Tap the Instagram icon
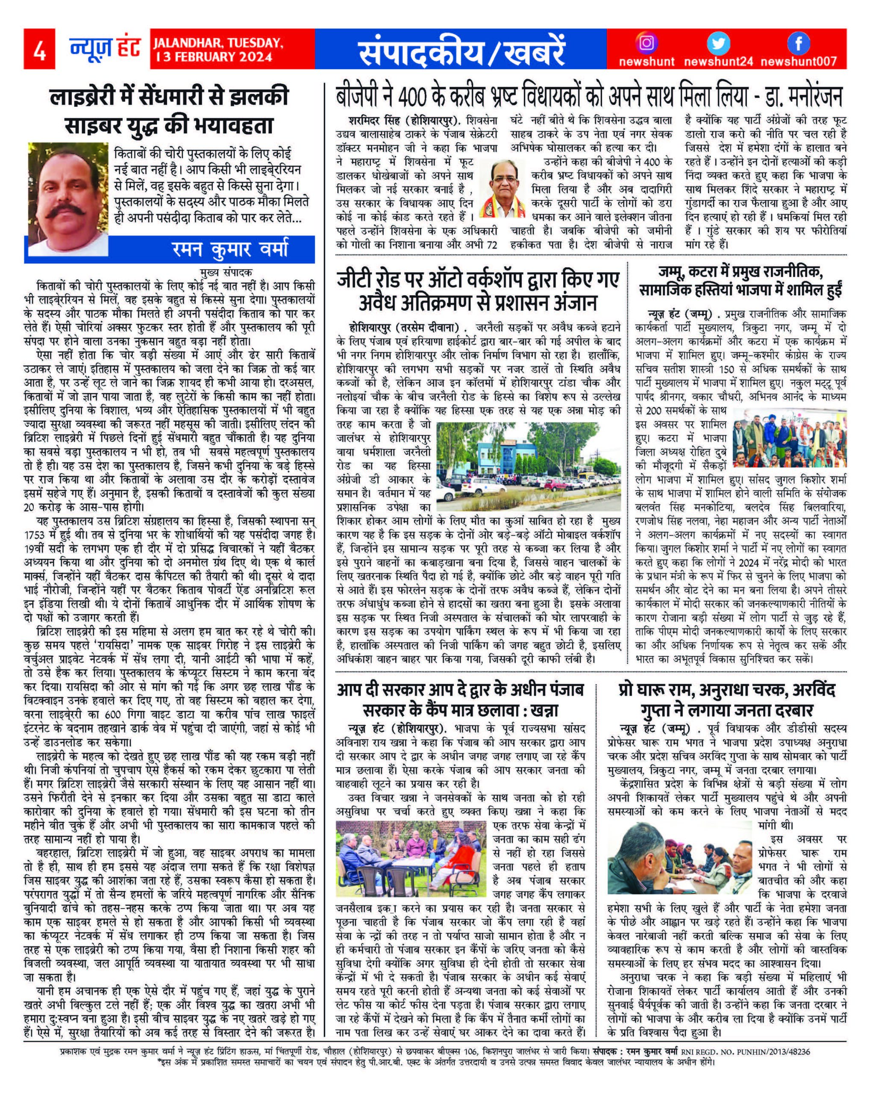click(x=646, y=43)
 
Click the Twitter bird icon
click(x=719, y=43)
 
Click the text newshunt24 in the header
click(x=717, y=62)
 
